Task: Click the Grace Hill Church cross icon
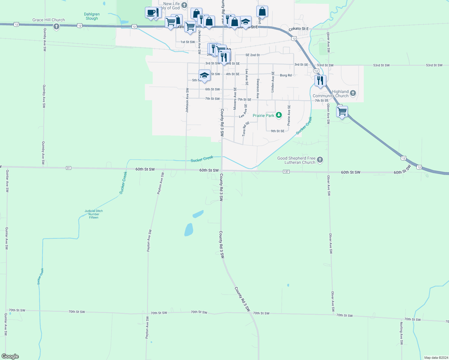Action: click(56, 27)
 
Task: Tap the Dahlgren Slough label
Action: click(92, 16)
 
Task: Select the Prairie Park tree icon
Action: click(279, 115)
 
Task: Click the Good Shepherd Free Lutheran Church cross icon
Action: click(320, 160)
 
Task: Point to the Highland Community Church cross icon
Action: click(353, 93)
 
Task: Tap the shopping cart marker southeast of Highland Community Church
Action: click(342, 112)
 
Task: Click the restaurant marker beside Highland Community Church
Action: click(320, 81)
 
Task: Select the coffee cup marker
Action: click(151, 13)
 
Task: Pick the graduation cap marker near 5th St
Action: click(204, 75)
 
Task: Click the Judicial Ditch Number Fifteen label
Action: click(94, 214)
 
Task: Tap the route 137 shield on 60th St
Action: click(286, 172)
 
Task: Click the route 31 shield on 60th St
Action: click(68, 168)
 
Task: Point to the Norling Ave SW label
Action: click(401, 333)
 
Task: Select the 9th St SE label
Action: click(278, 131)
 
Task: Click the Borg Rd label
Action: click(286, 75)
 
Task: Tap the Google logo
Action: click(10, 356)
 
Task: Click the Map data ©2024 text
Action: click(436, 358)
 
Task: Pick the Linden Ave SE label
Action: click(273, 82)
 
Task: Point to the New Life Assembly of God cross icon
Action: click(184, 5)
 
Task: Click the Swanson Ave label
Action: click(258, 88)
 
